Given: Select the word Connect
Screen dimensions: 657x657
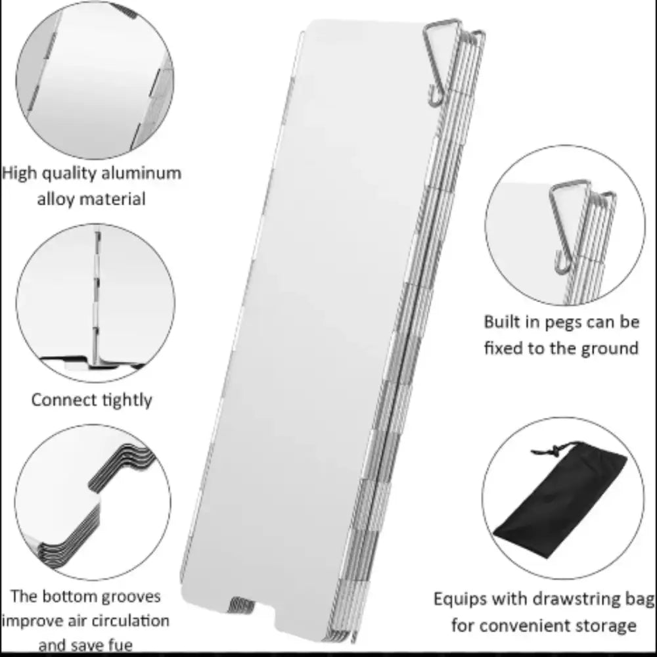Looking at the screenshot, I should [64, 400].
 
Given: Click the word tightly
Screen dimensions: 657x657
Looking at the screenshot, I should [127, 401].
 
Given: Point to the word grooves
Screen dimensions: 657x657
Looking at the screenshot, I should [124, 597].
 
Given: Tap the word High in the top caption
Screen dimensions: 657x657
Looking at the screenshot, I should [21, 174].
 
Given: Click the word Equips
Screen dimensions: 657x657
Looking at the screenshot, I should [460, 599].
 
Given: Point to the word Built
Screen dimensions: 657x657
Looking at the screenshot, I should [504, 322].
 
